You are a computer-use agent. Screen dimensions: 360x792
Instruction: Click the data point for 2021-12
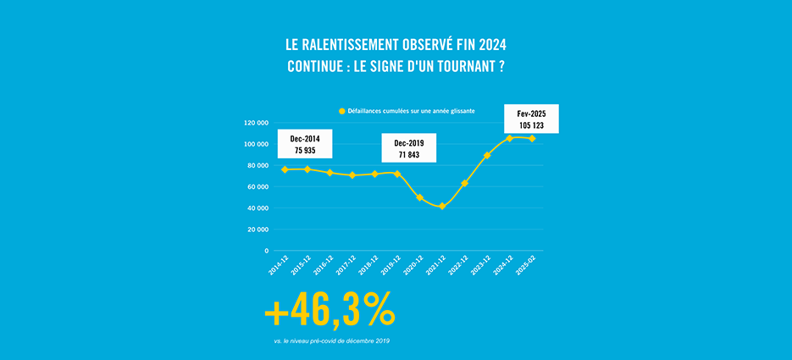[442, 206]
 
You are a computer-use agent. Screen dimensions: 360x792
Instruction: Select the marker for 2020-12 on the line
[419, 197]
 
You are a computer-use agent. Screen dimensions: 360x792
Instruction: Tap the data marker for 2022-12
[465, 183]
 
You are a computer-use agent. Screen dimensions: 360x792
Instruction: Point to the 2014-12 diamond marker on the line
[285, 169]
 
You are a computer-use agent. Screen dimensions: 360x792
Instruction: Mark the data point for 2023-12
[487, 155]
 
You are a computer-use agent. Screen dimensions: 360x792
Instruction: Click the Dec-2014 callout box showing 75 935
[305, 144]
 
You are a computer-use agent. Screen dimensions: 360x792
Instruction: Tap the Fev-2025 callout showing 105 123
[531, 119]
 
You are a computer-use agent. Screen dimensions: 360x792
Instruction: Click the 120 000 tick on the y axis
[255, 122]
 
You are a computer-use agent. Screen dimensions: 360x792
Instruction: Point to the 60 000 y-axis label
[257, 186]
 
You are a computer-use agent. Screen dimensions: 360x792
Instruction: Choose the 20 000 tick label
[257, 230]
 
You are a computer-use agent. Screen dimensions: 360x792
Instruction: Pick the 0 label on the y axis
[266, 251]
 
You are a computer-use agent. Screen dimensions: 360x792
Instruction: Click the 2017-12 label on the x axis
[344, 265]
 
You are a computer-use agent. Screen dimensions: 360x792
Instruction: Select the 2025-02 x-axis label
[525, 265]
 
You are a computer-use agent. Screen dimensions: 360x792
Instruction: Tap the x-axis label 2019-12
[390, 265]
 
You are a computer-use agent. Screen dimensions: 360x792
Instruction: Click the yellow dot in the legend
[342, 111]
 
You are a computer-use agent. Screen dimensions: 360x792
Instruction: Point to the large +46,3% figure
[330, 311]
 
